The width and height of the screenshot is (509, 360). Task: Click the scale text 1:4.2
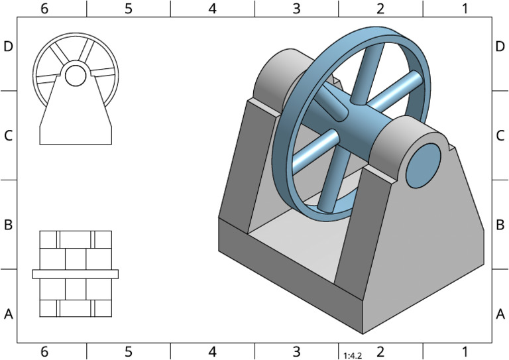tap(352, 355)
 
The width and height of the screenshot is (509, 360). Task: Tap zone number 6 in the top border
tap(44, 8)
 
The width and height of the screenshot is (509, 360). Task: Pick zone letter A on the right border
tap(500, 314)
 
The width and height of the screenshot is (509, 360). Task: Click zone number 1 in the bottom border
tap(465, 351)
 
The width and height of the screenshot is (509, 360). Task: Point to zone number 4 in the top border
tap(212, 8)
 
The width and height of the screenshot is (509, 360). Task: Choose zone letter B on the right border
tap(500, 224)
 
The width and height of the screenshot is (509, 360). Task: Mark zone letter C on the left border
tap(9, 135)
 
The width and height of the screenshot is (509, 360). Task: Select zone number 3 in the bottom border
tap(296, 351)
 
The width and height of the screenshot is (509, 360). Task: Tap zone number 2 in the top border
tap(380, 8)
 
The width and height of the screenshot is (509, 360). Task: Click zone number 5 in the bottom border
tap(128, 351)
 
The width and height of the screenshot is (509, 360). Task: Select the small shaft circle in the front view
tap(75, 76)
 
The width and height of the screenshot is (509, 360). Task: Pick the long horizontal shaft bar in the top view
tap(75, 273)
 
